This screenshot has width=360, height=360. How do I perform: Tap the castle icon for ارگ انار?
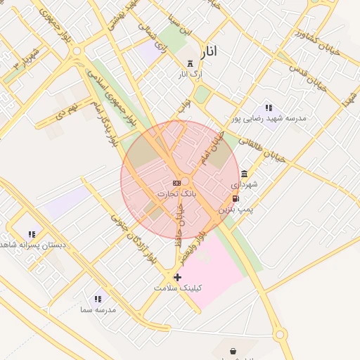pyautogui.click(x=190, y=64)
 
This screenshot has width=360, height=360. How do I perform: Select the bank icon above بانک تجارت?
pyautogui.click(x=176, y=183)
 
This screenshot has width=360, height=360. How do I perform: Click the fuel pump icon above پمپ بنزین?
pyautogui.click(x=235, y=199)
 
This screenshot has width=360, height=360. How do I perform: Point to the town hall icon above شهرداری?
pyautogui.click(x=244, y=174)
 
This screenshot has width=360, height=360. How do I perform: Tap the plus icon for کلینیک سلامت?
pyautogui.click(x=177, y=278)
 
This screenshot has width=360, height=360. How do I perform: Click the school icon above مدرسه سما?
pyautogui.click(x=98, y=299)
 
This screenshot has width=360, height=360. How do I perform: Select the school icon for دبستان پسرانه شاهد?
pyautogui.click(x=32, y=234)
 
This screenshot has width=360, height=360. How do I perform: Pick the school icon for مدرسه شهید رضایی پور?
pyautogui.click(x=269, y=108)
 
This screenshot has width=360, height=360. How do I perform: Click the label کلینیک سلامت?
pyautogui.click(x=178, y=288)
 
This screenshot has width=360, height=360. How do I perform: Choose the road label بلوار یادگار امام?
pyautogui.click(x=103, y=123)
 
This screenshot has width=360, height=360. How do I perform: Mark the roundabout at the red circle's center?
pyautogui.click(x=180, y=181)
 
